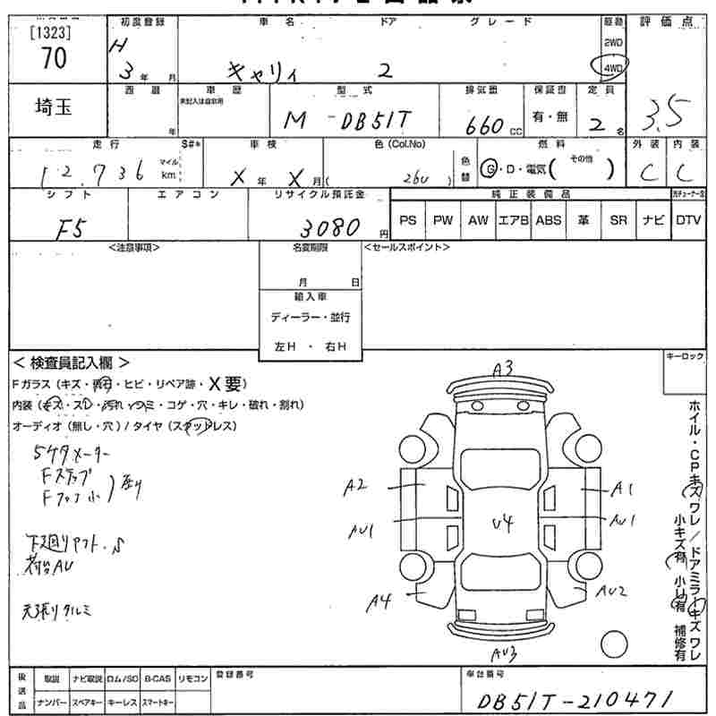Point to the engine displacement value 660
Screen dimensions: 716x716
483,126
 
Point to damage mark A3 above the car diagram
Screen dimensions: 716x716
503,367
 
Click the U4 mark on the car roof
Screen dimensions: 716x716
503,524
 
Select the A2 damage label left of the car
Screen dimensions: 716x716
356,486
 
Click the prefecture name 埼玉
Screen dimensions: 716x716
54,107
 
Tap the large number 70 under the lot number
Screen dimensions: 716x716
53,58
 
